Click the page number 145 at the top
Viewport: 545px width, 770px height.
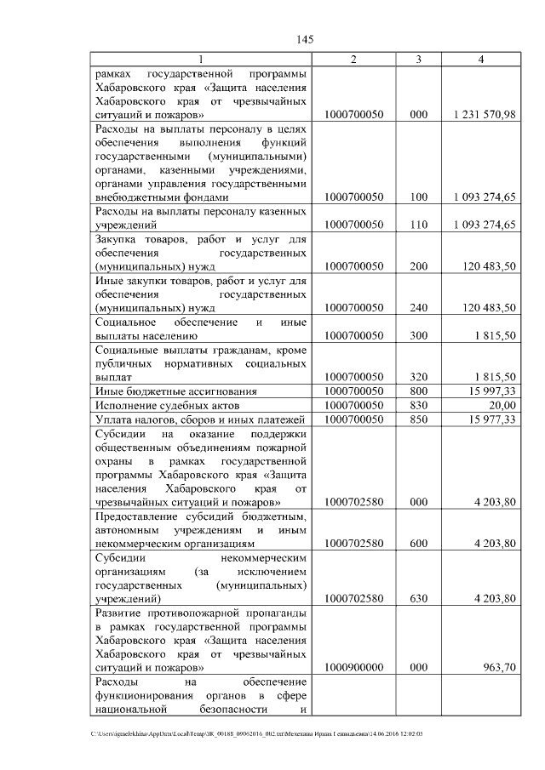(x=306, y=39)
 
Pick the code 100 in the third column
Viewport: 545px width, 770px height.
(x=418, y=197)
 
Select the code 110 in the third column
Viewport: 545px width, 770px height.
(x=418, y=225)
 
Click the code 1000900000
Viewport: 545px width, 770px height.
(x=353, y=667)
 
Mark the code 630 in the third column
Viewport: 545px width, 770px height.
(x=418, y=598)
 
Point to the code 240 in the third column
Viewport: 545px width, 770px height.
(x=418, y=307)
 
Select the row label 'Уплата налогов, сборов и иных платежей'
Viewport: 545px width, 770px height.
(x=199, y=419)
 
